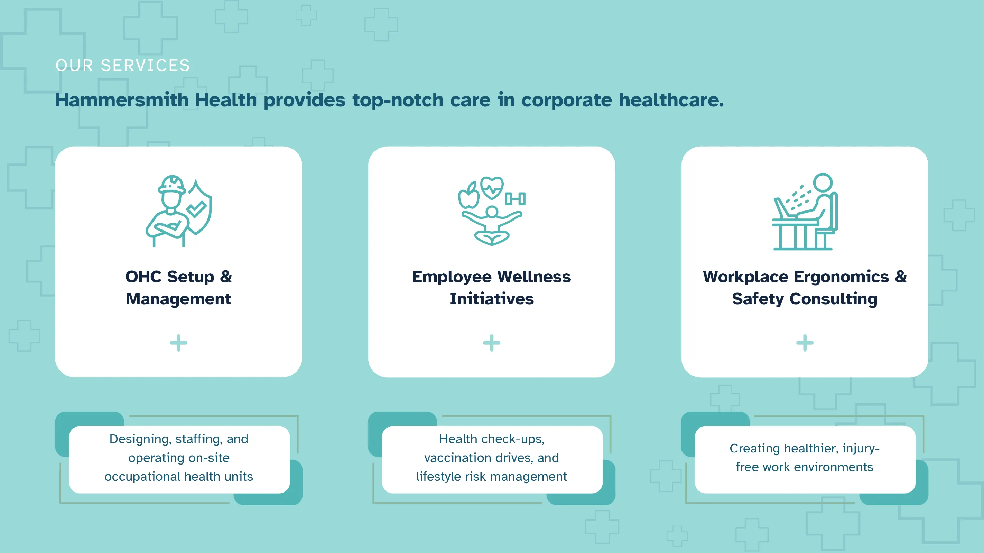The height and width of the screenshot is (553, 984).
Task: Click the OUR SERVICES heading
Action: coord(123,65)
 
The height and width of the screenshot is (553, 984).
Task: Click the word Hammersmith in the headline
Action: coord(122,100)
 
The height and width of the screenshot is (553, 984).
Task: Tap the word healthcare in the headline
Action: coord(671,100)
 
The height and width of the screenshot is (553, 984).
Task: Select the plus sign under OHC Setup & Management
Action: coord(178,343)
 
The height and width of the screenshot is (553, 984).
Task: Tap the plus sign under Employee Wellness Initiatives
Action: coord(492,343)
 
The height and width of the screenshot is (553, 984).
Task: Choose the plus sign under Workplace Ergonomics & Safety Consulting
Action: coord(805,343)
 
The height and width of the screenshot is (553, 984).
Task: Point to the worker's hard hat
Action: coord(172,185)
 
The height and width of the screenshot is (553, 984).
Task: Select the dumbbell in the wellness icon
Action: coord(515,199)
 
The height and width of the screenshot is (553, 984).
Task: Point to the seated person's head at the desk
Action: coord(823,182)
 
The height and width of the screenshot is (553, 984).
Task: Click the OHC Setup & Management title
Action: coord(178,288)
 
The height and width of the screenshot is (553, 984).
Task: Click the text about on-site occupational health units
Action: coord(179,458)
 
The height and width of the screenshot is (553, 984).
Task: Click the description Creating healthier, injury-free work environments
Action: coord(805,458)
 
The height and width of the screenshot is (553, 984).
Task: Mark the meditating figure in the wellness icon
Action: coord(492,226)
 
